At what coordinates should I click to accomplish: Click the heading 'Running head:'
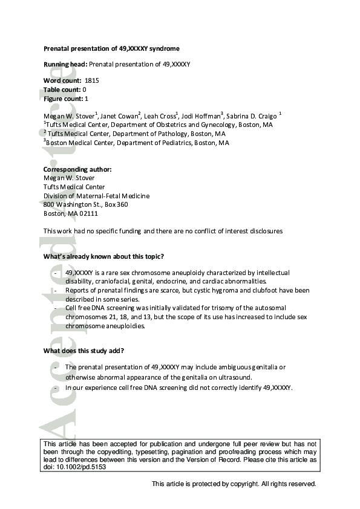click(65, 64)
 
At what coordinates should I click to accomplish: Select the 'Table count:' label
click(62, 89)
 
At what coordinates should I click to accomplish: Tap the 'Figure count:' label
click(64, 98)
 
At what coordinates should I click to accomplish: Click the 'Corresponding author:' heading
click(77, 169)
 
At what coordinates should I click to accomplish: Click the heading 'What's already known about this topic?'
click(103, 257)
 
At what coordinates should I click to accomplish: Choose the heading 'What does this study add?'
click(83, 351)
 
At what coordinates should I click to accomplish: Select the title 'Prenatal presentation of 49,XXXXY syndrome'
click(111, 48)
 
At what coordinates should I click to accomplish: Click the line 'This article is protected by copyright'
click(234, 484)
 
